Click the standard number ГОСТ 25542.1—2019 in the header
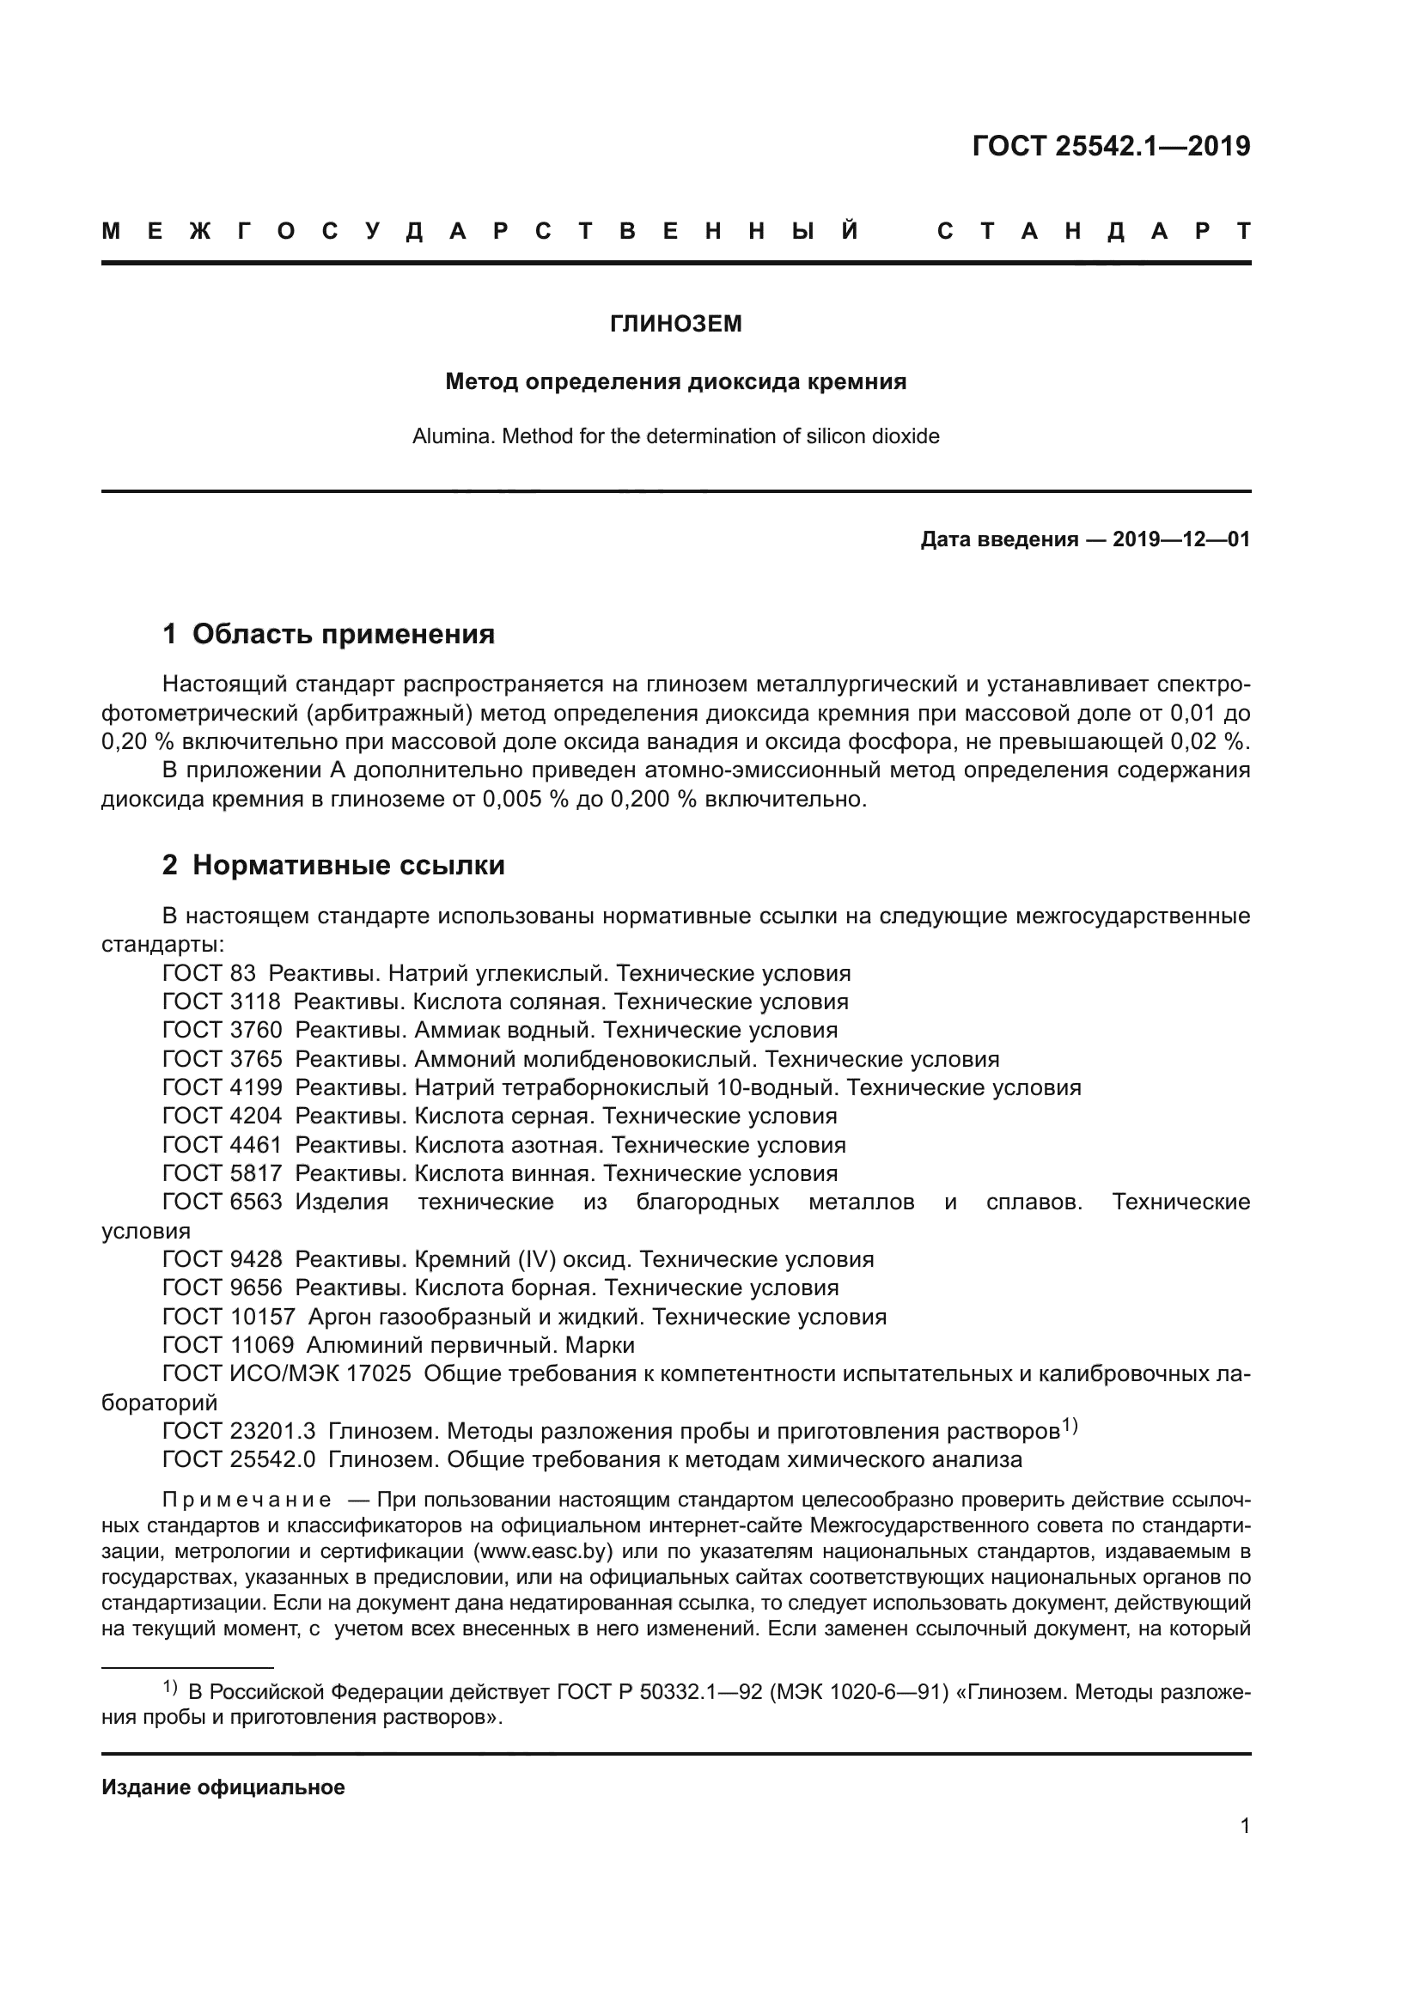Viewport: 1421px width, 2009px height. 1110,146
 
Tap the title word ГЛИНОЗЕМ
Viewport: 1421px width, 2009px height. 675,324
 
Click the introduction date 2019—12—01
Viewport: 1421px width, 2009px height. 1181,539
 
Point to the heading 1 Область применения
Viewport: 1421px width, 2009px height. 329,634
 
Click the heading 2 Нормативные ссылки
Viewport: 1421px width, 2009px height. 333,865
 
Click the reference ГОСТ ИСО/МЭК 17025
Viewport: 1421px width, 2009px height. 286,1373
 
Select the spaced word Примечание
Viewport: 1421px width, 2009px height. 247,1500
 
